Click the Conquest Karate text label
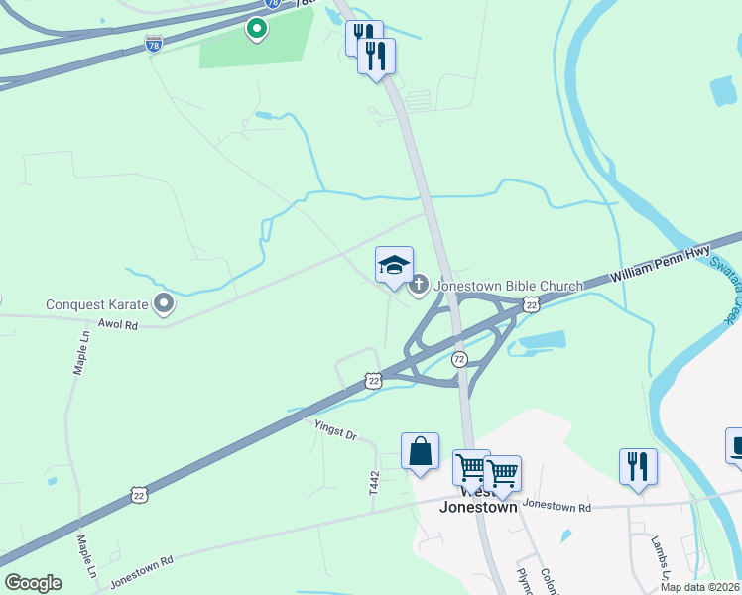[96, 303]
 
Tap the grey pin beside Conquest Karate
[164, 303]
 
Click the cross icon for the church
[419, 287]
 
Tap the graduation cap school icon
[394, 266]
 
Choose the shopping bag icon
[421, 451]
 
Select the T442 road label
[374, 483]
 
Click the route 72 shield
[459, 357]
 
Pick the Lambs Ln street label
[659, 560]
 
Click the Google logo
[33, 583]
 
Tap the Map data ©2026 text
[700, 587]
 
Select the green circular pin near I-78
[257, 29]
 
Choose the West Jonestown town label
[479, 499]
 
